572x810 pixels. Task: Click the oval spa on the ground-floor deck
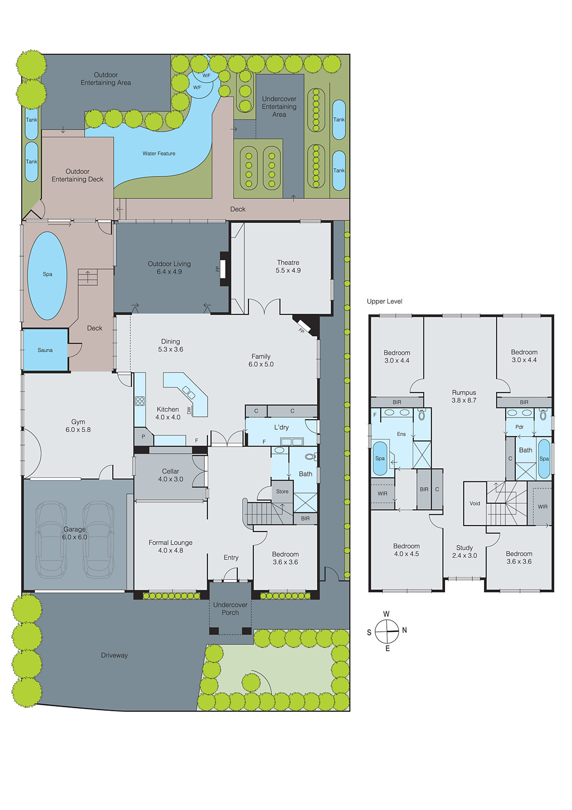[x=47, y=275]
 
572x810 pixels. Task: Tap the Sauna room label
[x=45, y=350]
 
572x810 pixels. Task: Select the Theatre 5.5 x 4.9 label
[x=288, y=266]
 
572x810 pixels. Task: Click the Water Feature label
[x=159, y=153]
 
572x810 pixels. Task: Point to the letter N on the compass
[x=404, y=630]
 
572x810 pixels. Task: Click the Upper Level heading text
[x=384, y=301]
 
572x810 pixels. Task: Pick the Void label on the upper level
[x=475, y=503]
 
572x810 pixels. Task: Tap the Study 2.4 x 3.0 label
[x=464, y=551]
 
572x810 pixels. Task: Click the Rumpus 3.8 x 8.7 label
[x=464, y=396]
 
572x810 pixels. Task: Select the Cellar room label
[x=170, y=475]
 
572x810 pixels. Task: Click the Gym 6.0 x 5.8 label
[x=78, y=426]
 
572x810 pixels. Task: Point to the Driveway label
[x=114, y=655]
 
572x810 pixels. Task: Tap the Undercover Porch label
[x=230, y=609]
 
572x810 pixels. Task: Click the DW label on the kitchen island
[x=189, y=411]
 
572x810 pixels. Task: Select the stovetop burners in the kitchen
[x=140, y=401]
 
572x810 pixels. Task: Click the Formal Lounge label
[x=170, y=546]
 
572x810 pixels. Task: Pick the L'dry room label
[x=281, y=427]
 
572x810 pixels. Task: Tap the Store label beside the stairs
[x=282, y=492]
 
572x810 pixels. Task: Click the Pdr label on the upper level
[x=519, y=427]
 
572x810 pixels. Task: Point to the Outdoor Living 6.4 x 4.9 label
[x=169, y=268]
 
